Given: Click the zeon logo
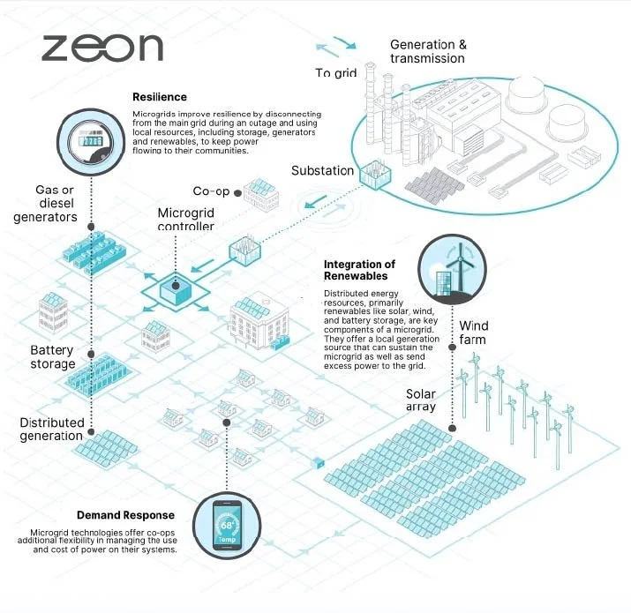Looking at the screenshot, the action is tap(102, 48).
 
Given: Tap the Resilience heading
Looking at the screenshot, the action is tap(160, 97).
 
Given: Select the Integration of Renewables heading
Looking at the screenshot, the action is tap(359, 270).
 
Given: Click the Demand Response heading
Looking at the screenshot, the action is tap(125, 515).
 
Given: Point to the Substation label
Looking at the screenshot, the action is tap(322, 170).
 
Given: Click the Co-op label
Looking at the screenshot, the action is tap(211, 191).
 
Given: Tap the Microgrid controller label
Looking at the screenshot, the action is tap(185, 220).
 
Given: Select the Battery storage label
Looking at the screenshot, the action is tap(53, 357).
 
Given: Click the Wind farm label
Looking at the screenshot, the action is tap(473, 333).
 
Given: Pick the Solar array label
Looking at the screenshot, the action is tap(421, 400).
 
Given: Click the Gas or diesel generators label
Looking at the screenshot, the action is tap(45, 203).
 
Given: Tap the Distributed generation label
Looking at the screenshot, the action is tap(51, 430).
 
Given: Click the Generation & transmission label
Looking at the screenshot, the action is tap(428, 51).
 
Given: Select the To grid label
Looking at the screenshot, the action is tap(335, 73).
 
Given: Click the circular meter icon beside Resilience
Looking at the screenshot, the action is tap(91, 142).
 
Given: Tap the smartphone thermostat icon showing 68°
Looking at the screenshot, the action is tap(227, 526).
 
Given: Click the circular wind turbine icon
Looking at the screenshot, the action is tap(452, 269).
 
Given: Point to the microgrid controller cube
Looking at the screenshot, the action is tap(176, 288).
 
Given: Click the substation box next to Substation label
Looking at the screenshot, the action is tap(375, 174).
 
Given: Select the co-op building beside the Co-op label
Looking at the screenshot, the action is tap(261, 196).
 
